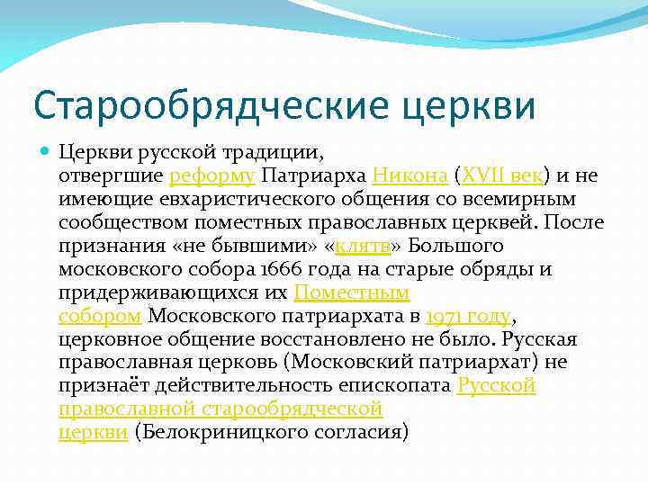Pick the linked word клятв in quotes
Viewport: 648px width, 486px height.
coord(365,246)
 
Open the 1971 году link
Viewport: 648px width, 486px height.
coord(468,316)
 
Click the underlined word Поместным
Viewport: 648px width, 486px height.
coord(352,292)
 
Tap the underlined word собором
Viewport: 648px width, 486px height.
coord(100,316)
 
